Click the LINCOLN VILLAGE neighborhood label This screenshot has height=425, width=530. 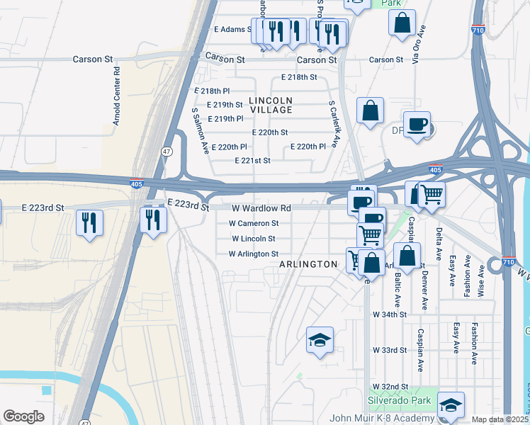pos(271,105)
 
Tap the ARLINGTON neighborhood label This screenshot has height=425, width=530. pos(308,264)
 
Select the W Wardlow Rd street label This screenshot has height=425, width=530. pos(261,208)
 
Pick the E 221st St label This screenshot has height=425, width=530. pos(253,161)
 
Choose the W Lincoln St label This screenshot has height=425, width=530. pos(253,239)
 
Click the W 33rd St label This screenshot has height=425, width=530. pos(390,350)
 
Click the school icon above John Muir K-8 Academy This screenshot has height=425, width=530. pos(451,406)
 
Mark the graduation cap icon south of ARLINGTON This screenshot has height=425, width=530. pos(320,341)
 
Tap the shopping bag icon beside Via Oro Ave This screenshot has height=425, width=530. pos(402,22)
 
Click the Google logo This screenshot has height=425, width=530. pos(23,416)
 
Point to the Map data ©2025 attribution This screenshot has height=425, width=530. pos(500,419)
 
